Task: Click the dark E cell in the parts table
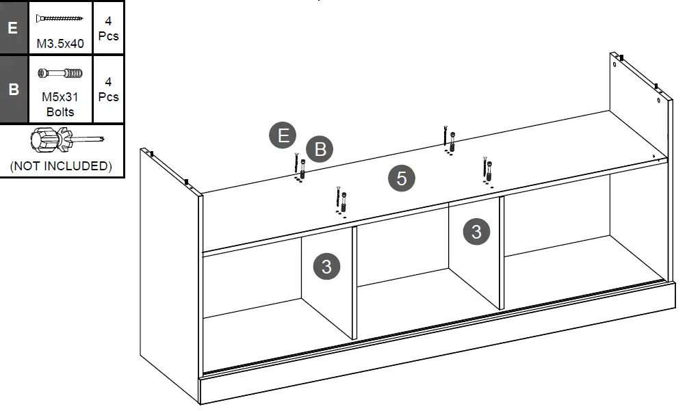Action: tap(13, 27)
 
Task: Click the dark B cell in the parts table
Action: tap(13, 89)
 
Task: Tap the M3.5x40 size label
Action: tap(60, 44)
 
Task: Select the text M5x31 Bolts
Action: tap(60, 105)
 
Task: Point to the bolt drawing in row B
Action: tap(60, 72)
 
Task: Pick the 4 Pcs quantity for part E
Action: tap(108, 29)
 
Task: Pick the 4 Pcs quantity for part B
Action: tap(108, 90)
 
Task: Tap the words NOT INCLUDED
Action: tap(61, 166)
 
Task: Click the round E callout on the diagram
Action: tap(283, 135)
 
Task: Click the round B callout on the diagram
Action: tap(320, 148)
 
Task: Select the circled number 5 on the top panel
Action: tap(402, 178)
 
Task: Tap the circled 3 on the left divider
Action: tap(326, 266)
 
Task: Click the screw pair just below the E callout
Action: tap(300, 168)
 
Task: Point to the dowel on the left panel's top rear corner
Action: tap(151, 154)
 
